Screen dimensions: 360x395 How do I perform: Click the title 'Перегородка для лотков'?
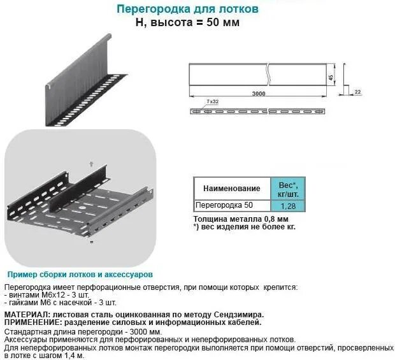[188, 10]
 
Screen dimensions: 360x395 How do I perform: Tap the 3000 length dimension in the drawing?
[258, 94]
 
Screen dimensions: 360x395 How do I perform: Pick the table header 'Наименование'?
[232, 189]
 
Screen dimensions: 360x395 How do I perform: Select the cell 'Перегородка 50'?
[224, 206]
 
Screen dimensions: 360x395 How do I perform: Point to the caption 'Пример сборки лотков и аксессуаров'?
[78, 274]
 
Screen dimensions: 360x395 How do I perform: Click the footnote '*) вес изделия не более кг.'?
[244, 226]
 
